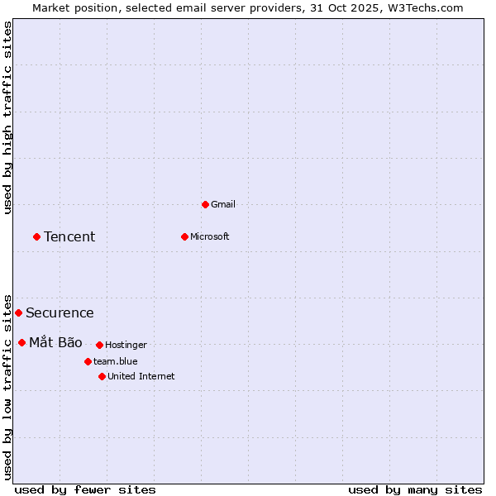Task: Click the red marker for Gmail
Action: pyautogui.click(x=205, y=204)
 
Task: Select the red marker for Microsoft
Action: pyautogui.click(x=184, y=236)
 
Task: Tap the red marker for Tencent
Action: pyautogui.click(x=36, y=236)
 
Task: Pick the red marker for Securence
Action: pyautogui.click(x=18, y=312)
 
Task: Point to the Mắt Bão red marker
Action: pyautogui.click(x=21, y=342)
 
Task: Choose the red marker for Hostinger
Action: pyautogui.click(x=99, y=345)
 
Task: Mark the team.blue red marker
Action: pyautogui.click(x=88, y=361)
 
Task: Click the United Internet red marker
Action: pyautogui.click(x=102, y=376)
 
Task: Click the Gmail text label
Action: pyautogui.click(x=223, y=204)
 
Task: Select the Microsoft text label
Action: pyautogui.click(x=210, y=236)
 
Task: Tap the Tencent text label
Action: pyautogui.click(x=69, y=237)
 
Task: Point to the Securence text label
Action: pyautogui.click(x=60, y=313)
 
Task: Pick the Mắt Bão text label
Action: pyautogui.click(x=55, y=343)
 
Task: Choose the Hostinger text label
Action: pyautogui.click(x=126, y=345)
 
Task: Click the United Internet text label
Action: pyautogui.click(x=141, y=376)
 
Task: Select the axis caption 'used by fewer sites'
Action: pyautogui.click(x=85, y=489)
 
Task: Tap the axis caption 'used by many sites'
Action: pyautogui.click(x=415, y=489)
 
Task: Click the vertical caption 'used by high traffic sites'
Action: pyautogui.click(x=8, y=117)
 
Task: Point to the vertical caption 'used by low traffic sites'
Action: pyautogui.click(x=8, y=387)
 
